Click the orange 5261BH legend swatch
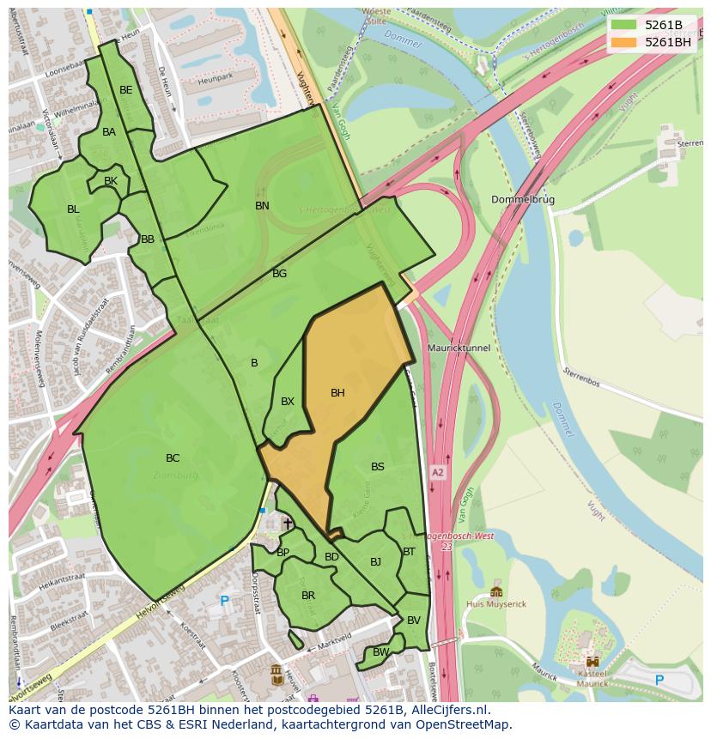click(623, 42)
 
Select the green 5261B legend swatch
click(623, 25)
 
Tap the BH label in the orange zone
click(337, 393)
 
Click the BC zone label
click(173, 458)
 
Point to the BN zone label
click(262, 206)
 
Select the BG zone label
click(279, 274)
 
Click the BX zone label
click(288, 402)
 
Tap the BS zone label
click(378, 467)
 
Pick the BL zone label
click(73, 209)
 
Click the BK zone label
click(111, 181)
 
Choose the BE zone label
click(126, 90)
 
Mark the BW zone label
click(380, 652)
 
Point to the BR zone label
click(308, 596)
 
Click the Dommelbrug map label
click(523, 200)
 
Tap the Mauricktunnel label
click(459, 348)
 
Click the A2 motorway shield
click(438, 473)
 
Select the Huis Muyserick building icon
click(496, 591)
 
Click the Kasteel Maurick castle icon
click(592, 661)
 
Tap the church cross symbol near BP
click(288, 523)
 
